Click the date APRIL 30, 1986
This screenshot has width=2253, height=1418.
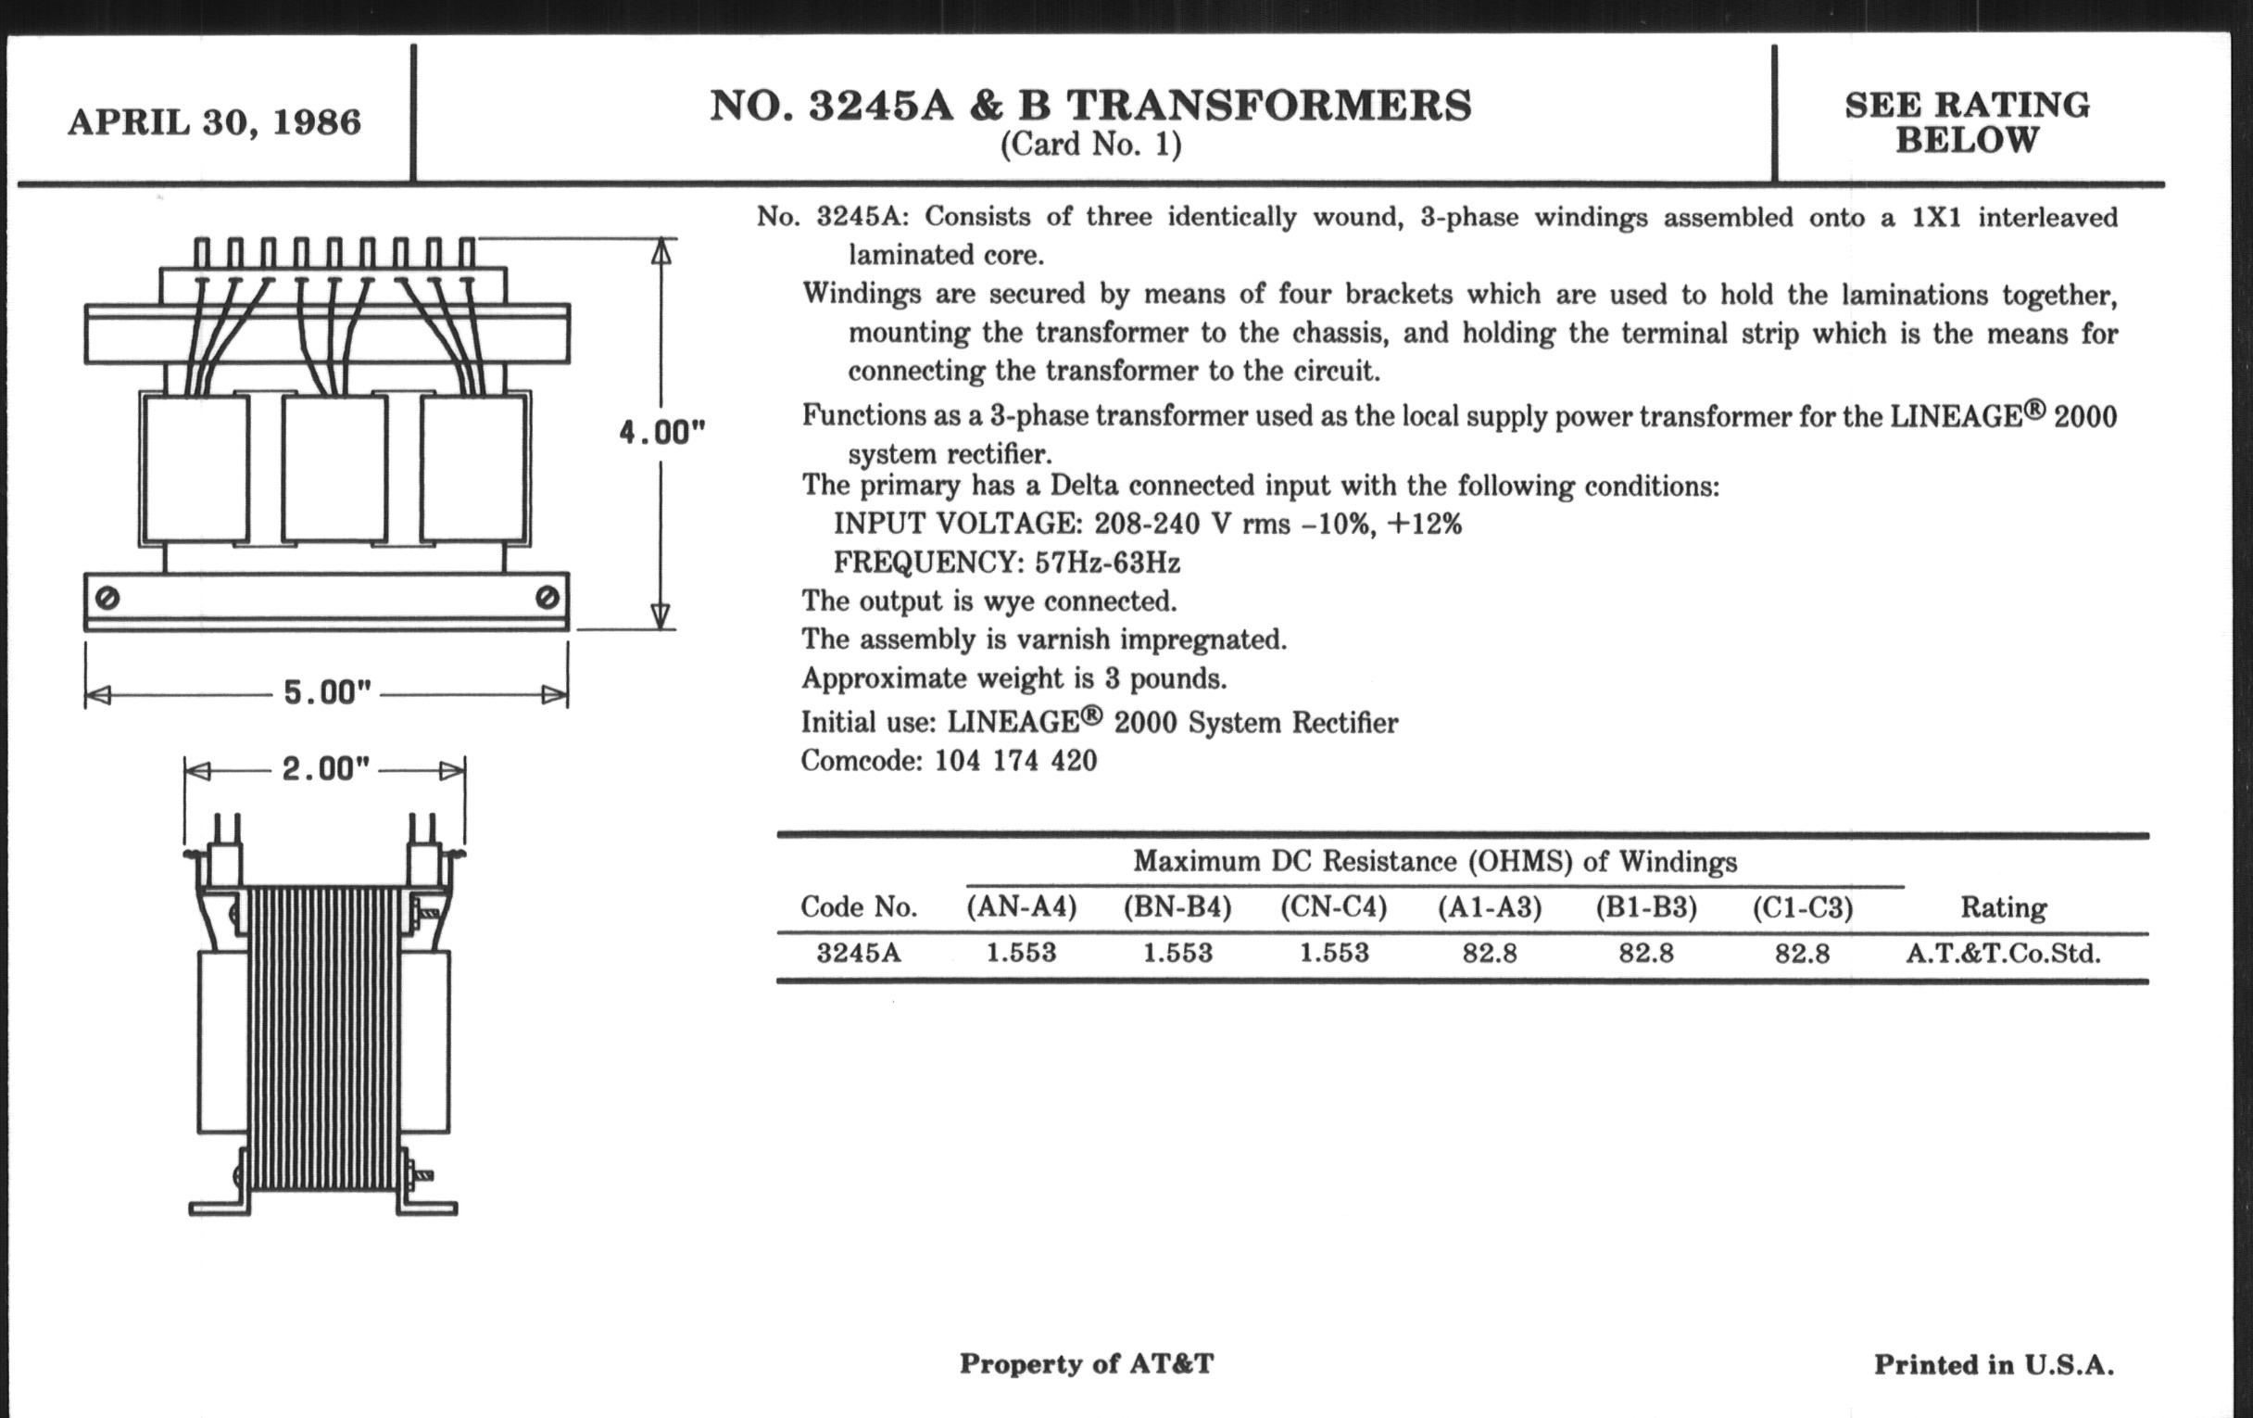coord(214,122)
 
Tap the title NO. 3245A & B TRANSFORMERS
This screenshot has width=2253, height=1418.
coord(1090,105)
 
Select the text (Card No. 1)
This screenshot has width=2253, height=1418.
coord(1090,146)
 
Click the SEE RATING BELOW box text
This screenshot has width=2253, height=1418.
coord(1967,121)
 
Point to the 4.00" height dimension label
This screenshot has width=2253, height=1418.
coord(661,433)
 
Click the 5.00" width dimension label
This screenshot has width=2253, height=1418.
coord(326,692)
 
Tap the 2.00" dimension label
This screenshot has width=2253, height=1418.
coord(325,769)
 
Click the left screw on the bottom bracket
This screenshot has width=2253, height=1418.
coord(107,597)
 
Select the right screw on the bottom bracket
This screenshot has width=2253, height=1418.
coord(548,597)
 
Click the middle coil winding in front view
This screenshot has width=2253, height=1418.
coord(334,468)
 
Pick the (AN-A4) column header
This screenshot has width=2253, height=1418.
coord(1021,907)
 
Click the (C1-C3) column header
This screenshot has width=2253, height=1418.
coord(1802,907)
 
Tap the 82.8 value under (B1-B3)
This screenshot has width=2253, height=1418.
coord(1646,953)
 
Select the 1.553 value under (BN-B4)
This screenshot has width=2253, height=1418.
coord(1177,953)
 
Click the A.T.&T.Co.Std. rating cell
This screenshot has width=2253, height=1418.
coord(2003,953)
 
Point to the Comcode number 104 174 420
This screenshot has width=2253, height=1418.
coord(1015,760)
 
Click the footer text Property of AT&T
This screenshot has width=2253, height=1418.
coord(1087,1363)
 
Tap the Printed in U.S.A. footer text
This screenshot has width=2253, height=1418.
coord(1993,1364)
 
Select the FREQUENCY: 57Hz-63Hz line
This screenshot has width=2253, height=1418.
coord(1007,563)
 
